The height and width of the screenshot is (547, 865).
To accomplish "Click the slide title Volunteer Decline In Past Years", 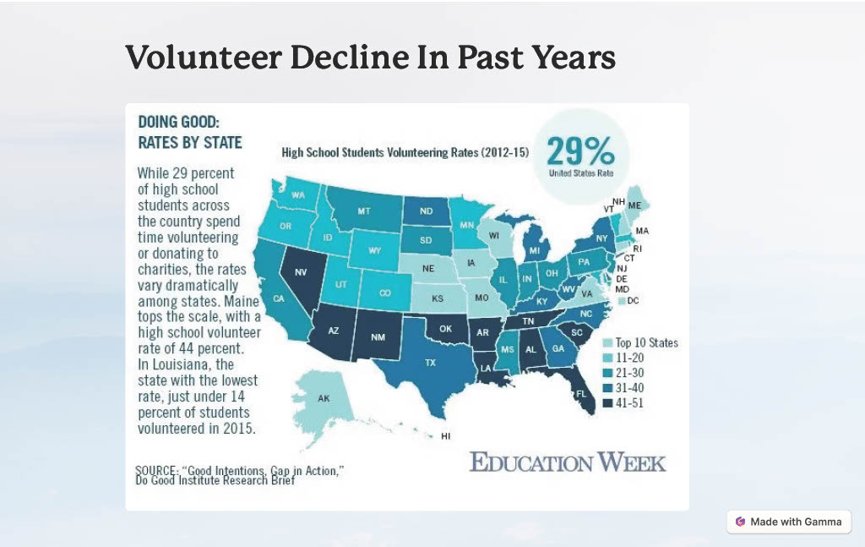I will pyautogui.click(x=370, y=57).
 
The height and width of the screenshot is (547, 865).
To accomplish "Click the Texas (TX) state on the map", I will pyautogui.click(x=430, y=362).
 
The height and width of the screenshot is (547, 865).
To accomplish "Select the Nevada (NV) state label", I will pyautogui.click(x=299, y=271).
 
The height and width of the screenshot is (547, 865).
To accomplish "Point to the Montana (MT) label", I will pyautogui.click(x=364, y=211).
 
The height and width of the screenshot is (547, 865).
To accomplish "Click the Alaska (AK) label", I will pyautogui.click(x=324, y=397).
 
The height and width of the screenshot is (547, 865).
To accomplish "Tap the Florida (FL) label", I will pyautogui.click(x=581, y=394).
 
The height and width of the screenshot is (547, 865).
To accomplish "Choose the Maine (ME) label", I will pyautogui.click(x=634, y=205).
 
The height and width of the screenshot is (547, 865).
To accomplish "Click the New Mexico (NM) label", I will pyautogui.click(x=379, y=336).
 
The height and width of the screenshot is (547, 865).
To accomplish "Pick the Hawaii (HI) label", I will pyautogui.click(x=446, y=436).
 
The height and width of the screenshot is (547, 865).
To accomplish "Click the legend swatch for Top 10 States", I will pyautogui.click(x=608, y=343).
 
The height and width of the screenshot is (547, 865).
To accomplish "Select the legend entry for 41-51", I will pyautogui.click(x=629, y=403).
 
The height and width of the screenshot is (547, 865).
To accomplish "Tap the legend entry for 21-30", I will pyautogui.click(x=629, y=373).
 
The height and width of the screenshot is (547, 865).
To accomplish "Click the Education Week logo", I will pyautogui.click(x=568, y=462).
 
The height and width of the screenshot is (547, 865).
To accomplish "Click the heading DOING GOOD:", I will pyautogui.click(x=178, y=122).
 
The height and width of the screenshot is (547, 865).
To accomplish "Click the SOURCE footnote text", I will pyautogui.click(x=240, y=474).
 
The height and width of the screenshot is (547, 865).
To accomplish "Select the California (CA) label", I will pyautogui.click(x=279, y=298).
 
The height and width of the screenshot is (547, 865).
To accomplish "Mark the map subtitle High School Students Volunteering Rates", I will pyautogui.click(x=405, y=153).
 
